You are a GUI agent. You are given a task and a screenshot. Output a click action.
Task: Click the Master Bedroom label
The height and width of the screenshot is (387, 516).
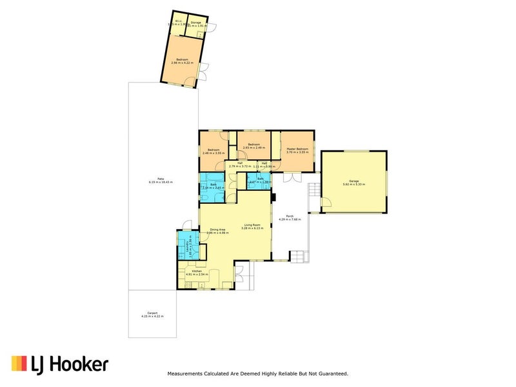[x=297, y=149]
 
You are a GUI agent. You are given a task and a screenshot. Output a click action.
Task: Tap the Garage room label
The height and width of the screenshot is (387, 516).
[x=353, y=181]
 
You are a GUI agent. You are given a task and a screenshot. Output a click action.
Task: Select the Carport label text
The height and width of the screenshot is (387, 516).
[x=152, y=313]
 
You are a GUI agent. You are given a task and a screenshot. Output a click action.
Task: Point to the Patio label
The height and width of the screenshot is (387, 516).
[x=160, y=179]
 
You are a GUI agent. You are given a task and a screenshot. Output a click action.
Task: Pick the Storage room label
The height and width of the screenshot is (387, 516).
[x=196, y=23]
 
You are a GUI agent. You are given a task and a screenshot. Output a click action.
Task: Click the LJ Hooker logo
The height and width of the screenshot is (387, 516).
[x=61, y=364]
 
